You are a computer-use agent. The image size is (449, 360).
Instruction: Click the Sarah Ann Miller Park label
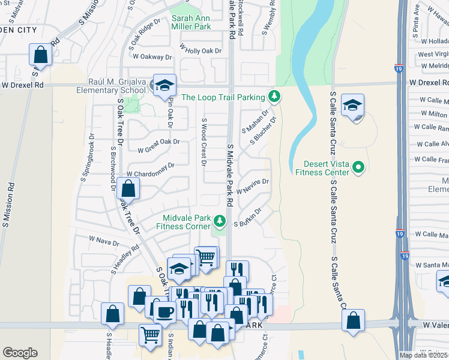coord(191,22)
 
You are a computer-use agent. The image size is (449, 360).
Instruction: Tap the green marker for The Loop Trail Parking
coord(274,96)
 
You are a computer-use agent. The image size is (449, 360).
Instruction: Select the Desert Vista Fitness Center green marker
coord(359,167)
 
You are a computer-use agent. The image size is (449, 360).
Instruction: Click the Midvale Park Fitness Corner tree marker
coord(220,222)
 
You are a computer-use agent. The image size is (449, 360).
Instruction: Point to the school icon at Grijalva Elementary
coord(163,85)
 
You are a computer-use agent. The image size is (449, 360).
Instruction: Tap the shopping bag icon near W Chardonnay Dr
coord(128,188)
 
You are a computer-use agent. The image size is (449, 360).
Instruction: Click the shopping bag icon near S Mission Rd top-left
coord(40,55)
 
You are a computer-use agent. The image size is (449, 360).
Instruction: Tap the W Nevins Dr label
coord(252,186)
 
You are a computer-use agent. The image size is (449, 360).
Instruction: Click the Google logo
coord(20,352)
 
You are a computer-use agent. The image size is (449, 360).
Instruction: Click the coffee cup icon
coord(165,311)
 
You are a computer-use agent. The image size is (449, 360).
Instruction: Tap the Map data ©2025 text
coord(424,355)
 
